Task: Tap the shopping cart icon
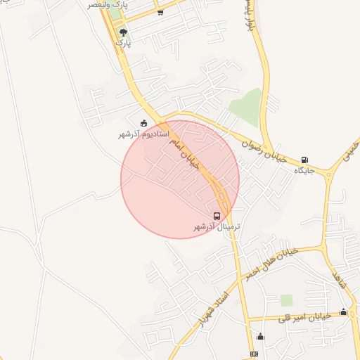click(161, 12)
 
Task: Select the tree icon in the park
click(124, 32)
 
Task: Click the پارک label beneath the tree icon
click(124, 43)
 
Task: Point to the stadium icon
click(144, 124)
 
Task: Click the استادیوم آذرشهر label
click(143, 134)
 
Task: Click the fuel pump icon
click(304, 160)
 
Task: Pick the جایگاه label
click(303, 170)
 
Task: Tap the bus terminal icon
click(217, 217)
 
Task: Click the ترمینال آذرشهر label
click(217, 227)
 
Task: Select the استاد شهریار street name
click(216, 308)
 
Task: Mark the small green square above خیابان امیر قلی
click(286, 300)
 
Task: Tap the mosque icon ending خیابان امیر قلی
click(343, 311)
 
